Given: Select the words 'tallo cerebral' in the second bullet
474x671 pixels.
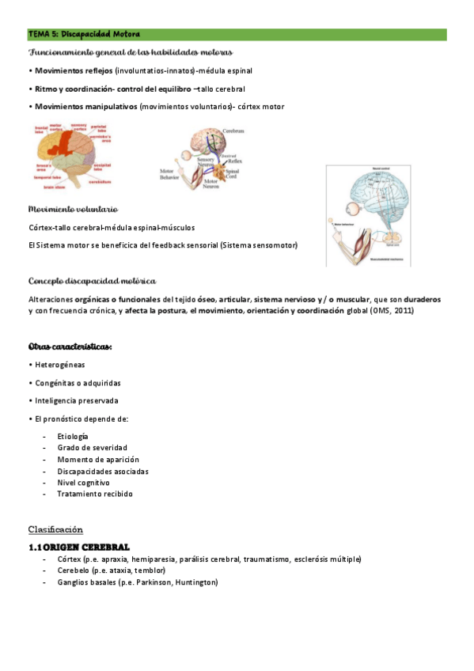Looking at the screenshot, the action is click(222, 89).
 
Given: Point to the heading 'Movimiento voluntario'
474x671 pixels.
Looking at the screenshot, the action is click(73, 210).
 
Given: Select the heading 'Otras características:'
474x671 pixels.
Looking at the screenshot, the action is click(70, 347).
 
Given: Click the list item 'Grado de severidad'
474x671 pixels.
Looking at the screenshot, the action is click(92, 448).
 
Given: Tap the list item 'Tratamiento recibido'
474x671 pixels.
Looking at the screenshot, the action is click(95, 494).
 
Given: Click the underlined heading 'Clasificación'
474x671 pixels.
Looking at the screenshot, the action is click(55, 529).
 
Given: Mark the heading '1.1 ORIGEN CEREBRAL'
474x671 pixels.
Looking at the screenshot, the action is click(79, 548).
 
